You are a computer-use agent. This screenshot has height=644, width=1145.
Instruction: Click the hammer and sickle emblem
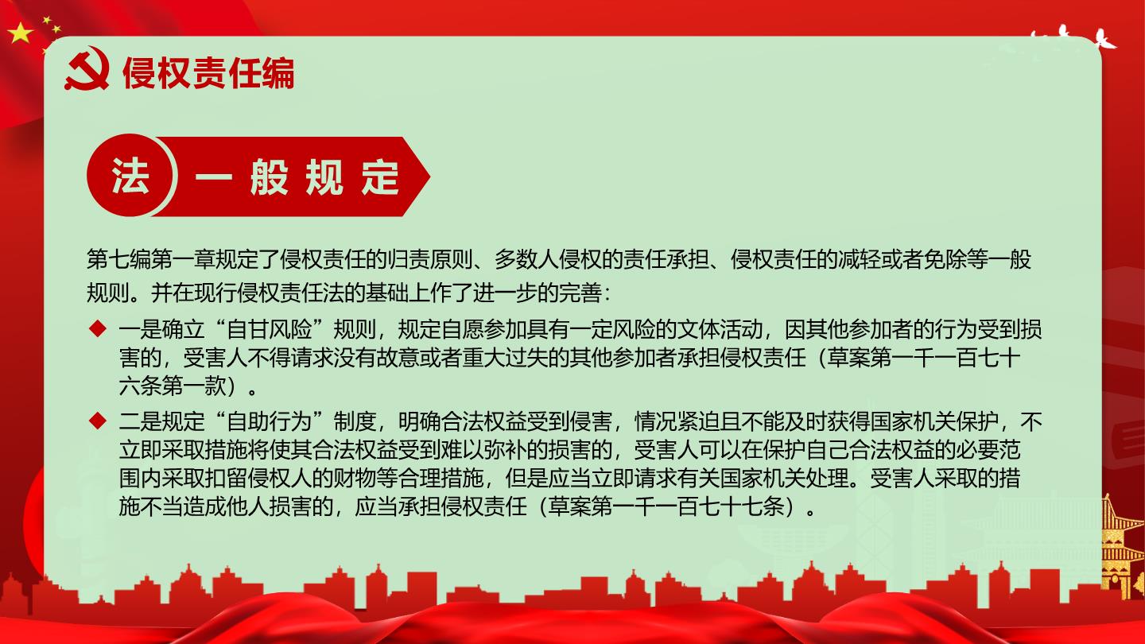[87, 68]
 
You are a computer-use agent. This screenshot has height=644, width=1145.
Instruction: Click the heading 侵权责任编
[208, 72]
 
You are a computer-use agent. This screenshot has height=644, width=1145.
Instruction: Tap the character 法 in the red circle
[130, 176]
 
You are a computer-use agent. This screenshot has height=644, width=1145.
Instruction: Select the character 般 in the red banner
[269, 177]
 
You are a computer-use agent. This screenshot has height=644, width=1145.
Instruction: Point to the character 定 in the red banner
[380, 177]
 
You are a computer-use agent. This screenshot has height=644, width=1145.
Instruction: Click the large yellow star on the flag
[20, 33]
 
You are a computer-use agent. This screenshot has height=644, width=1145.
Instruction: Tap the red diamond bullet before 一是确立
[97, 328]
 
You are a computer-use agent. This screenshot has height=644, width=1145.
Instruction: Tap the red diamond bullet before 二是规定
[97, 421]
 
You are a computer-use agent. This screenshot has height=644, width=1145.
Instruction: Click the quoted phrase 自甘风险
[270, 329]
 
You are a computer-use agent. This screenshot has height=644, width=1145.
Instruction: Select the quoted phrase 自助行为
[270, 421]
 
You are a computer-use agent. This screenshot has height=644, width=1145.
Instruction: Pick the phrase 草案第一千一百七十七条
[666, 506]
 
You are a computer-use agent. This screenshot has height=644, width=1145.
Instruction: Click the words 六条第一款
[173, 386]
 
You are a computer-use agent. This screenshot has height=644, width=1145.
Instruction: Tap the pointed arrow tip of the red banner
[429, 177]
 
